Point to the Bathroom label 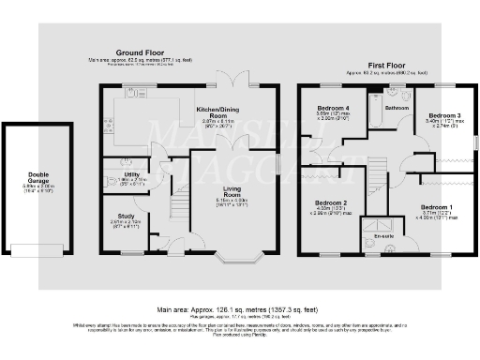click(x=397, y=108)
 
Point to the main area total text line click(x=240, y=306)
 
